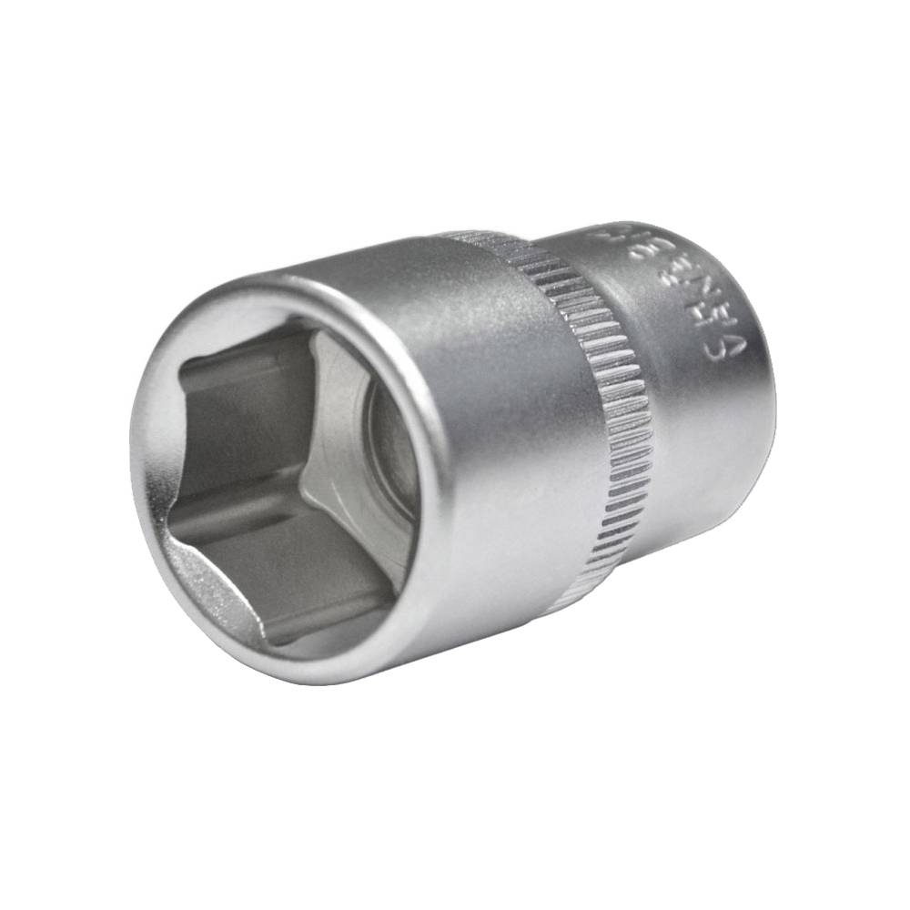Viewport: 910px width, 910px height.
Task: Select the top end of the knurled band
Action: click(482, 238)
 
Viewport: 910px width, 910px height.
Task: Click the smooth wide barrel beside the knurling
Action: click(510, 409)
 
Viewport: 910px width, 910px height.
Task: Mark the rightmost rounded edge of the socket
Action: click(773, 382)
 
